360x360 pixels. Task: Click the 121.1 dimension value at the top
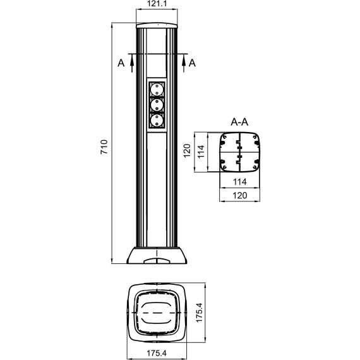pos(157,4)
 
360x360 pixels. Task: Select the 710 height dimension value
pos(104,147)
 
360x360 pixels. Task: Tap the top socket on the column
pos(157,89)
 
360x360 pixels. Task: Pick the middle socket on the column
pos(157,105)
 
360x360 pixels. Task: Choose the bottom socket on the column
pos(157,121)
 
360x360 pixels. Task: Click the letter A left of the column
pos(121,63)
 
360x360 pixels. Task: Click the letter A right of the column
pos(192,63)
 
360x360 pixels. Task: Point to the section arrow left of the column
pos(132,64)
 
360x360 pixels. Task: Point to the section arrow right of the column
pos(184,64)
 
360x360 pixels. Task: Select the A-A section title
pos(239,122)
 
